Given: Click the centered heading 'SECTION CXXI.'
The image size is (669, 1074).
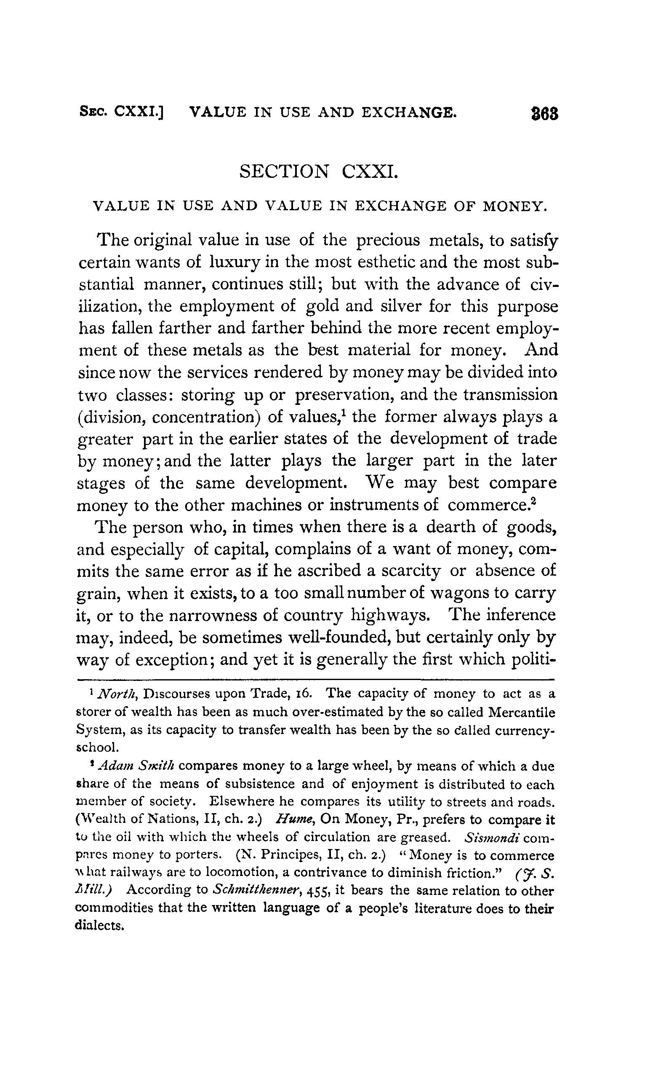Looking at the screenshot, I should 319,171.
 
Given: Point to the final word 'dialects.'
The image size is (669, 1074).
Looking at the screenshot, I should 99,927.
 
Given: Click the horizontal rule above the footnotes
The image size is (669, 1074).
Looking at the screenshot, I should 315,680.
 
